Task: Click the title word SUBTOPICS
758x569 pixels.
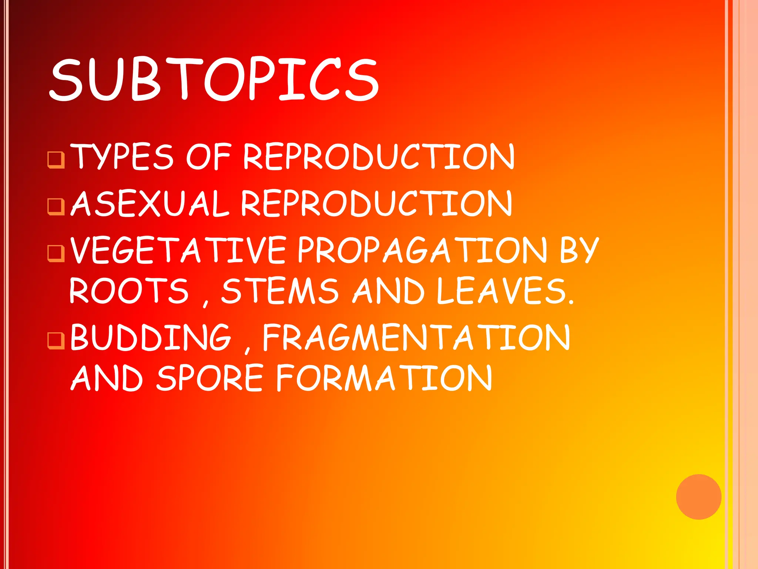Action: pyautogui.click(x=214, y=79)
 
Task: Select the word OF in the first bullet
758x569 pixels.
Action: pyautogui.click(x=208, y=157)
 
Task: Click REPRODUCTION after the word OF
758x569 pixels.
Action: pyautogui.click(x=378, y=157)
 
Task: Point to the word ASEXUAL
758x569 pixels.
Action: pyautogui.click(x=150, y=204)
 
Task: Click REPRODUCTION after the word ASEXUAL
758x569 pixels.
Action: pyautogui.click(x=376, y=204)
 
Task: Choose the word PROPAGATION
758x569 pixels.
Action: pyautogui.click(x=422, y=250)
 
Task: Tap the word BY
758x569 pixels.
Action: pyautogui.click(x=579, y=250)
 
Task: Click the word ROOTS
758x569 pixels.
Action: pyautogui.click(x=129, y=291)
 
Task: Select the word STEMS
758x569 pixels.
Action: pyautogui.click(x=280, y=291)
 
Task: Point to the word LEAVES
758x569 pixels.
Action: pyautogui.click(x=505, y=291)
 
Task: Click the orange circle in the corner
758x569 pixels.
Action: pyautogui.click(x=698, y=497)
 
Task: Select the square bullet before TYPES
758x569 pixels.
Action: pyautogui.click(x=56, y=160)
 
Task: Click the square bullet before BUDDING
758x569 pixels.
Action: pyautogui.click(x=56, y=340)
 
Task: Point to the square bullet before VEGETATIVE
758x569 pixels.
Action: pyautogui.click(x=56, y=253)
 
